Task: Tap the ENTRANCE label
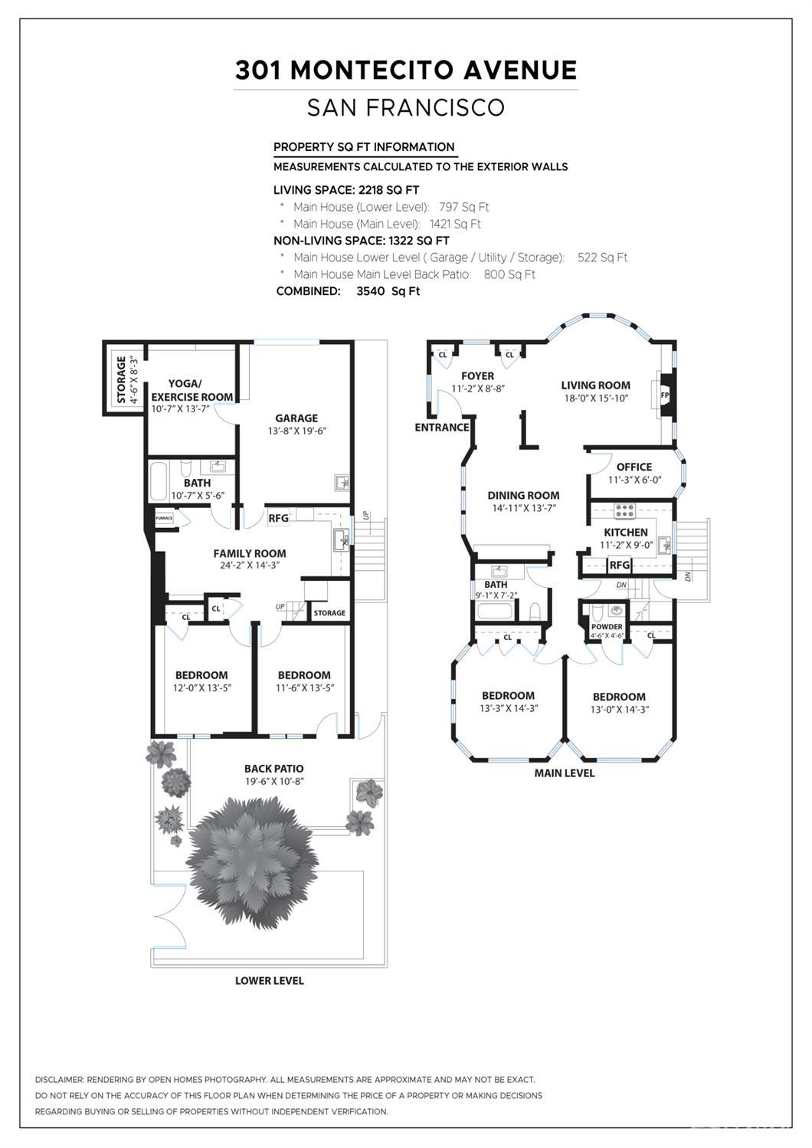(x=441, y=428)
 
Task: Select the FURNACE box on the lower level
(x=165, y=518)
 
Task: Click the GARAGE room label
(x=296, y=418)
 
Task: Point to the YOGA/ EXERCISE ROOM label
(x=192, y=391)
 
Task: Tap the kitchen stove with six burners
(x=625, y=510)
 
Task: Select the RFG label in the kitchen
(x=620, y=566)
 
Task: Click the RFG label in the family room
(x=278, y=518)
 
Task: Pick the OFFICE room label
(x=634, y=467)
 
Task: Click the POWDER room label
(x=607, y=626)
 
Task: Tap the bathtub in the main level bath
(x=495, y=612)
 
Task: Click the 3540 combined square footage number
(x=371, y=291)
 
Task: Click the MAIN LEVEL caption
(x=565, y=772)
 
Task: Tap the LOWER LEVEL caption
(x=270, y=980)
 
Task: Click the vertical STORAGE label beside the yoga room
(x=121, y=380)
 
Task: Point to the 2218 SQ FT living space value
(x=389, y=190)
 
